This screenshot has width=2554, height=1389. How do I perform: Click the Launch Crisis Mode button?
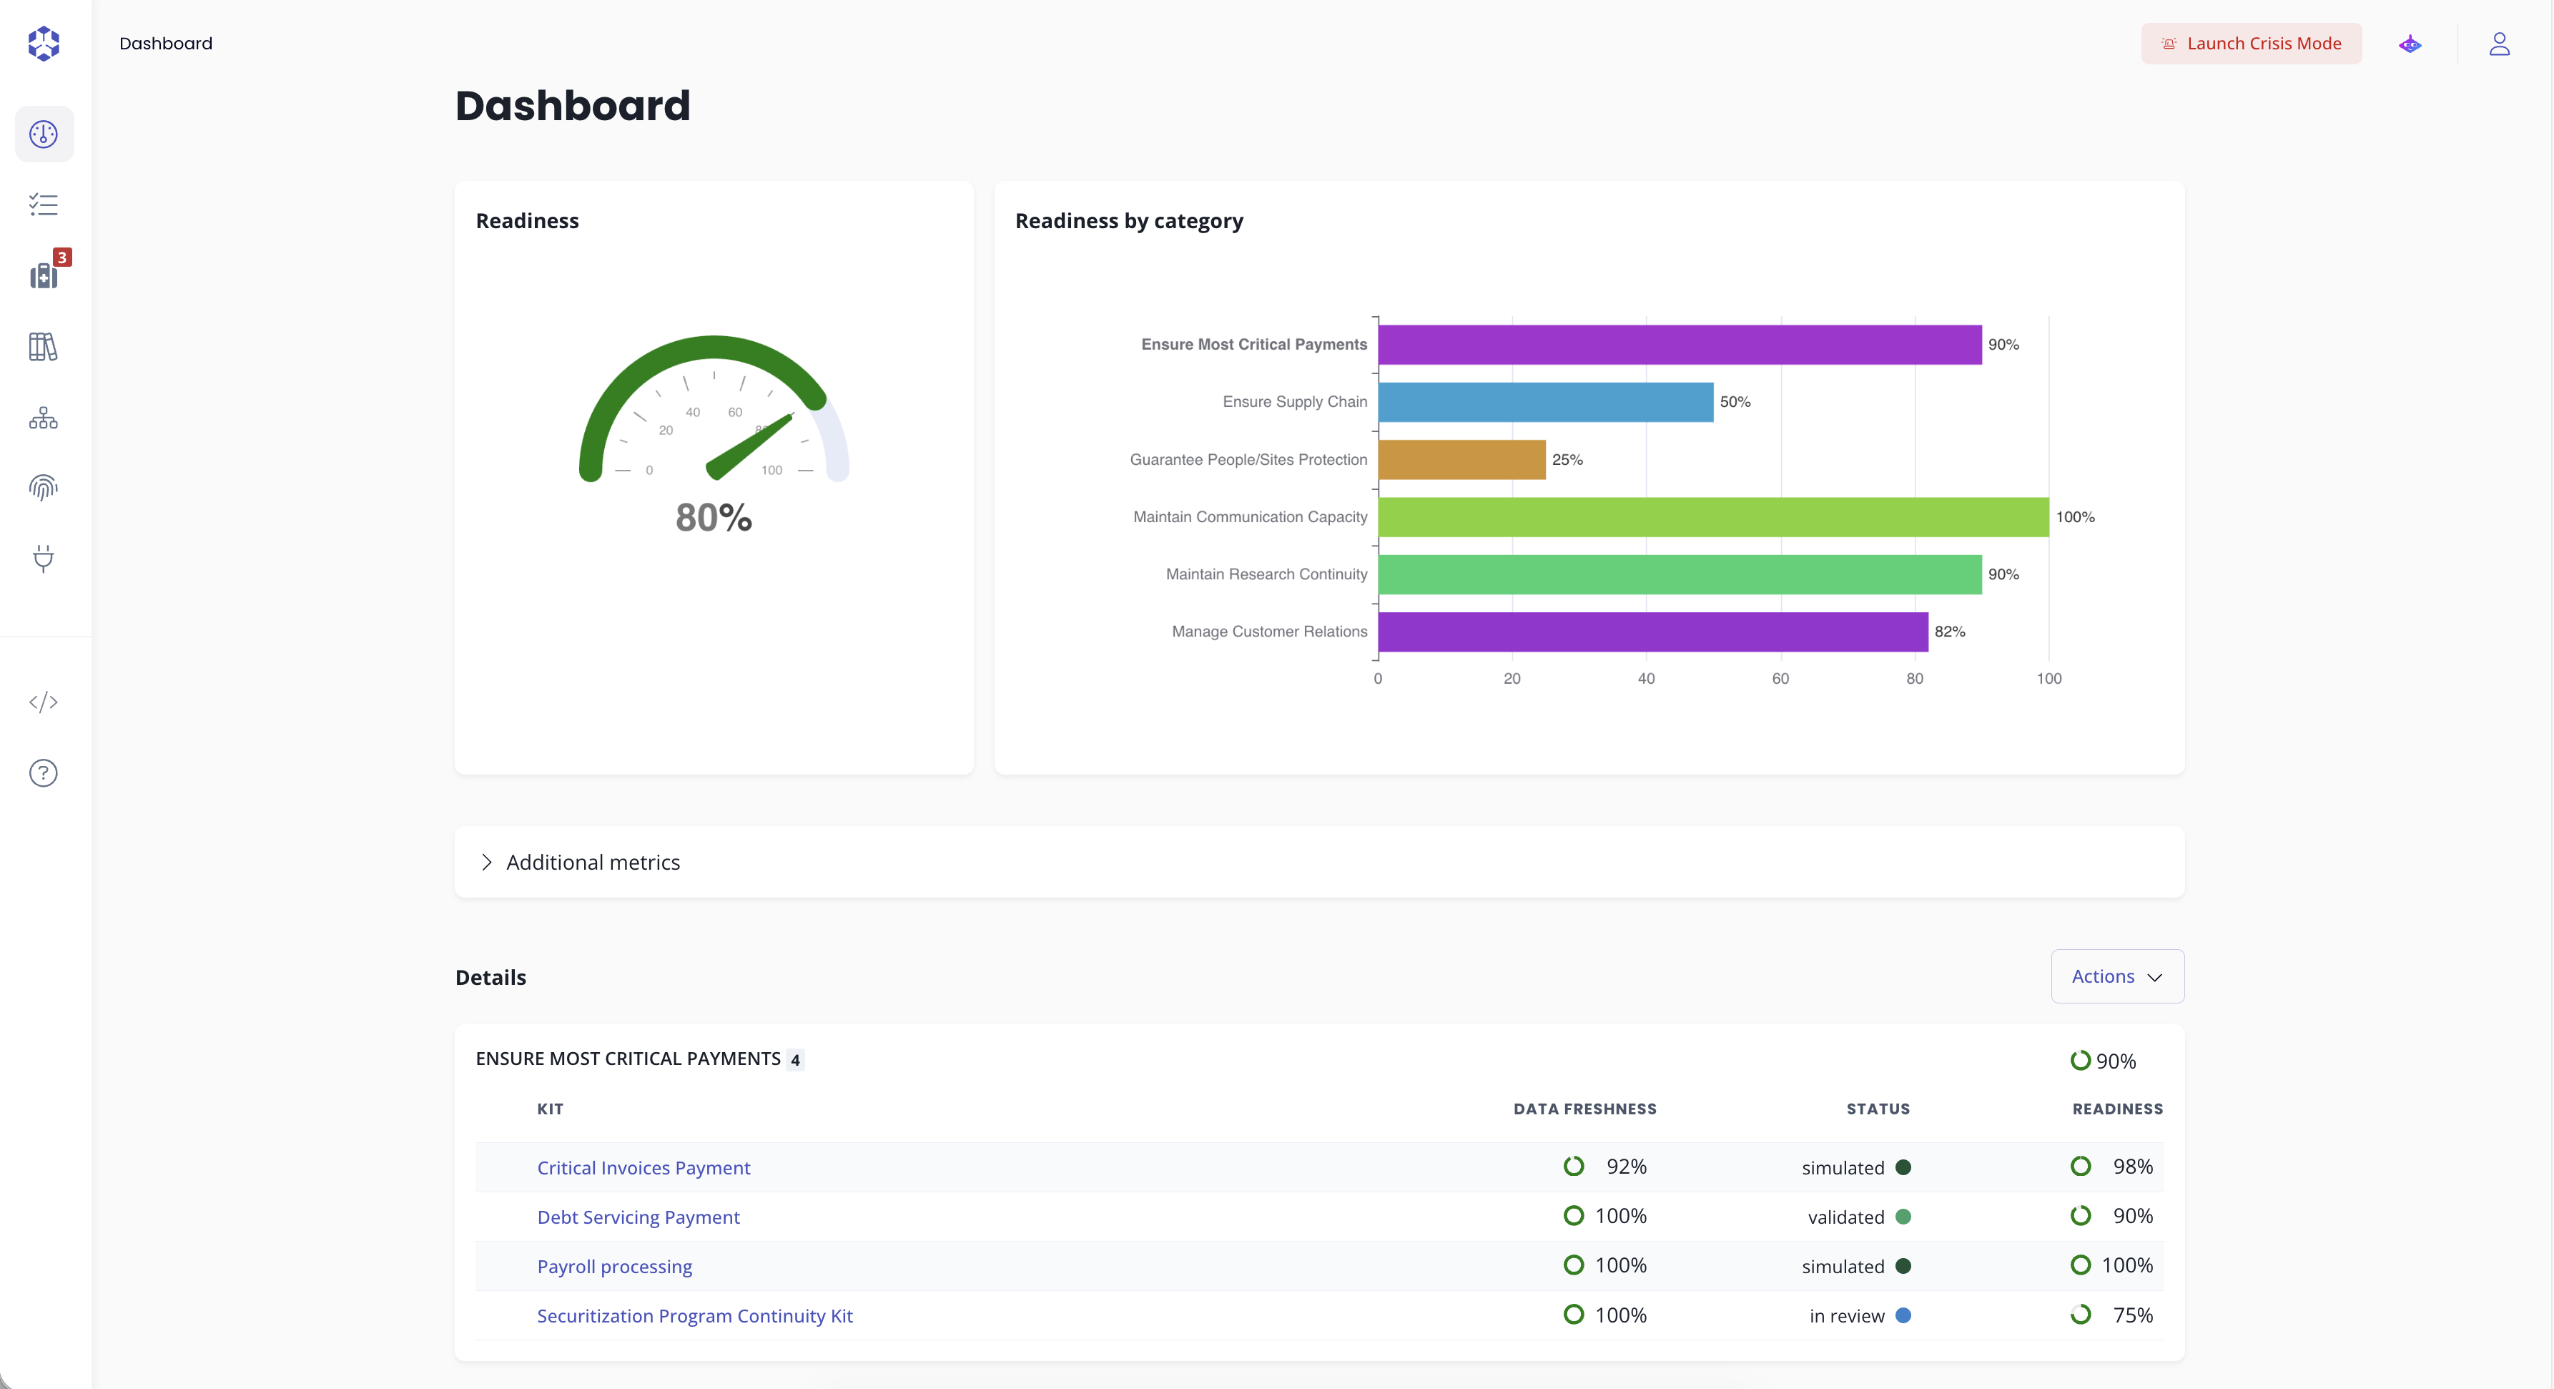2251,44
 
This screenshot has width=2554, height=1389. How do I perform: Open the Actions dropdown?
2116,976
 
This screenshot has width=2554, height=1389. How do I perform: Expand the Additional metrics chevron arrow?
485,863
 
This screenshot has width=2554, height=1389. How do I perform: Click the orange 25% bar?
1461,460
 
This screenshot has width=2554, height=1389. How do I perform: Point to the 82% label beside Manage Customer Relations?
1949,632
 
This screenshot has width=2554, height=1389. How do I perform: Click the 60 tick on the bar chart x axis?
1780,679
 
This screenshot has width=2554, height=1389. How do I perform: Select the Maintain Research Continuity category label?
1266,574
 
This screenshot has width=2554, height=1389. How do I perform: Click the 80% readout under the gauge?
714,518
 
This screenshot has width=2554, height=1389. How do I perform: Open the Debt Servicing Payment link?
638,1217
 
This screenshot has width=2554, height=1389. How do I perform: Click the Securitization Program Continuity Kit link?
694,1315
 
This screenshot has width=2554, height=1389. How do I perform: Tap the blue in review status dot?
1903,1315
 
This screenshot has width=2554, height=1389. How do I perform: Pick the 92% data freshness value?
1626,1167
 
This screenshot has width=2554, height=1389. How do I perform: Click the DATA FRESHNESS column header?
1584,1109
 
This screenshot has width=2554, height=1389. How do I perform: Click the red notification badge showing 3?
61,257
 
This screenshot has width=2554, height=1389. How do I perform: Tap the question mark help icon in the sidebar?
44,773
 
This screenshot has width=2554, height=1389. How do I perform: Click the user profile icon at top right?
2498,44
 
